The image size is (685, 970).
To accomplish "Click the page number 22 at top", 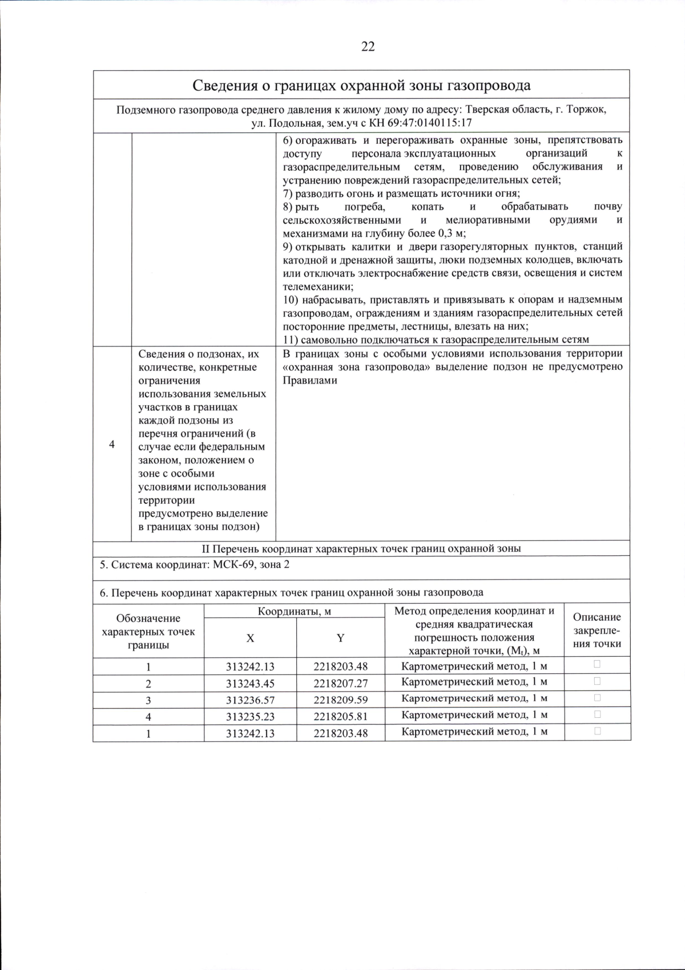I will click(x=368, y=47).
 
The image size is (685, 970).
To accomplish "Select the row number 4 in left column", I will click(x=112, y=444).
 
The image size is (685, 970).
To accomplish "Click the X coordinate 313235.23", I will click(x=250, y=716).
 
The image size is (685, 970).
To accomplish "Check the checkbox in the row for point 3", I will click(x=597, y=698).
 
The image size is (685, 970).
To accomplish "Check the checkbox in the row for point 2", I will click(x=597, y=681).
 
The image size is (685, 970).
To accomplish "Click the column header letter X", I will click(x=250, y=638).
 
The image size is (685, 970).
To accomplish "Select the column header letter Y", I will click(x=340, y=638).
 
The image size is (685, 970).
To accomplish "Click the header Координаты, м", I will click(x=295, y=611).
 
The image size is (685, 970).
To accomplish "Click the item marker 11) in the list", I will click(x=291, y=340).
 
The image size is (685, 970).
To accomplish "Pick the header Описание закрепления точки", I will click(x=597, y=630).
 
